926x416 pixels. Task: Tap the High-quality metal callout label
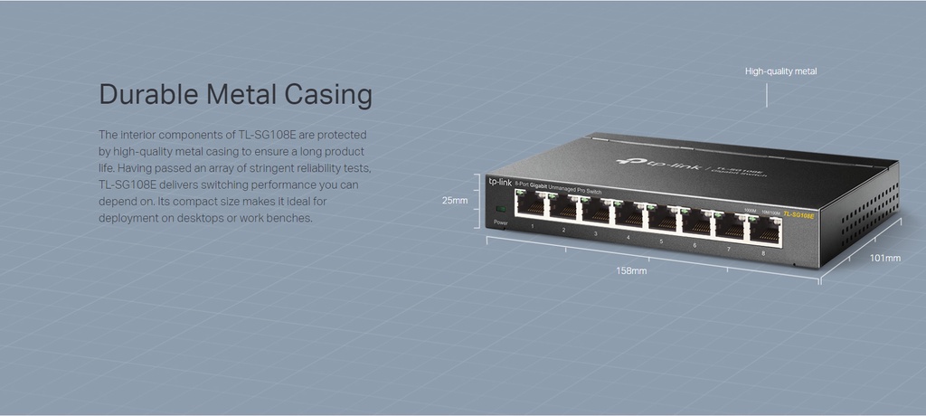coord(780,71)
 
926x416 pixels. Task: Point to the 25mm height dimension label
coord(454,200)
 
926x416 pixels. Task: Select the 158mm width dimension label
coord(631,270)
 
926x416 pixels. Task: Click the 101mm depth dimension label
coord(884,258)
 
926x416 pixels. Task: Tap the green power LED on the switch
coord(501,211)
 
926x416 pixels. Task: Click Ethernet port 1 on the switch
coord(531,207)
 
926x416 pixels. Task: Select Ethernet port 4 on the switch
coord(629,215)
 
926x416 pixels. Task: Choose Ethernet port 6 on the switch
coord(695,222)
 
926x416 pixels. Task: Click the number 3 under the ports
coord(595,233)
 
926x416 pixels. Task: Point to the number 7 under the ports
coord(729,248)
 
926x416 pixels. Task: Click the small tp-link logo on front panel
coord(500,181)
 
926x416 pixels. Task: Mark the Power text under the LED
coord(501,222)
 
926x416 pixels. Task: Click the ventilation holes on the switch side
coord(868,209)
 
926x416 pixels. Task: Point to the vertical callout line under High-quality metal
coord(767,94)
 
